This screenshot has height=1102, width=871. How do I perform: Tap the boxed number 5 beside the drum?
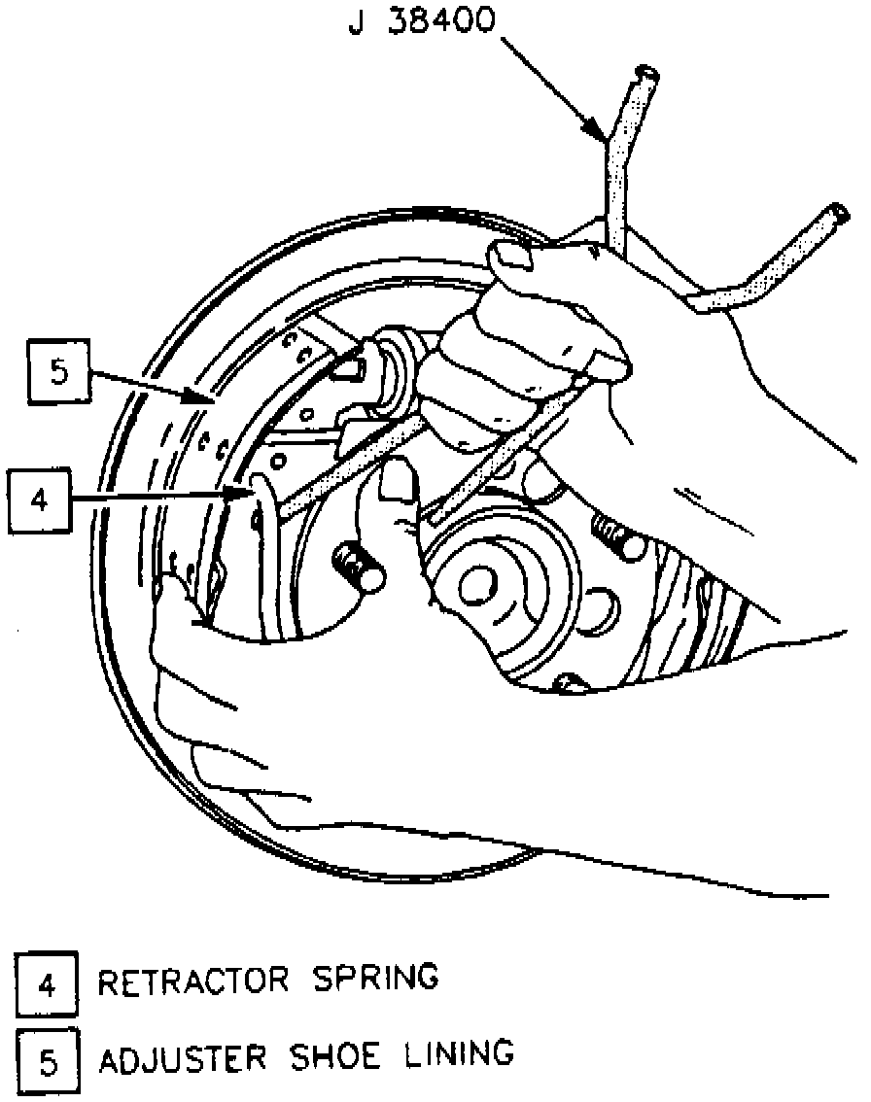click(x=59, y=374)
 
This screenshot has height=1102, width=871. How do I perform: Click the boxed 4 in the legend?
click(x=47, y=984)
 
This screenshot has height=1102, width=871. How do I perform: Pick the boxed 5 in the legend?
click(x=47, y=1058)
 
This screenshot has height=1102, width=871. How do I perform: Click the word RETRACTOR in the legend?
click(x=194, y=980)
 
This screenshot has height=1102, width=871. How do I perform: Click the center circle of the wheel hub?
click(x=476, y=585)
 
